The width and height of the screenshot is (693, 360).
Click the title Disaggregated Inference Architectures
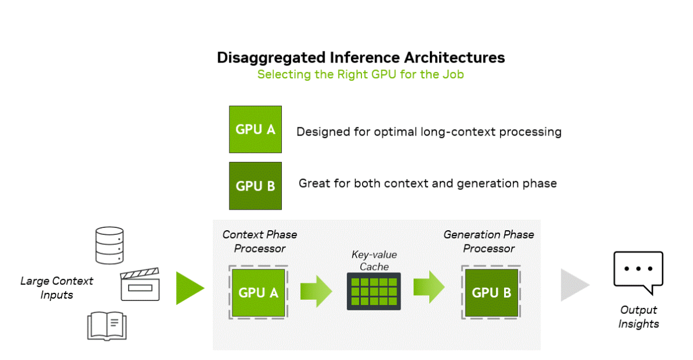(361, 57)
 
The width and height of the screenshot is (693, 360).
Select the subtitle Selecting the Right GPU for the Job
(360, 75)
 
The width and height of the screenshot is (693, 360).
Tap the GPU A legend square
(256, 130)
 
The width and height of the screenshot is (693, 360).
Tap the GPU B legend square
(256, 186)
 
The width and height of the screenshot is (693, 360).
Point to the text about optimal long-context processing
(429, 131)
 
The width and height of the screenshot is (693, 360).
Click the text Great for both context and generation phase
(427, 184)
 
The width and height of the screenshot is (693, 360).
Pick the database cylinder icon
(109, 245)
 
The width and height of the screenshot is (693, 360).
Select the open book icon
(106, 326)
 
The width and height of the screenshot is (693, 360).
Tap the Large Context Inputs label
(57, 288)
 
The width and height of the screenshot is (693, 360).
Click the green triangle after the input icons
(189, 288)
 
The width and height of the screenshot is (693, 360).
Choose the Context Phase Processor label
(260, 241)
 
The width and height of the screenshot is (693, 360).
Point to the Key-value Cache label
(374, 260)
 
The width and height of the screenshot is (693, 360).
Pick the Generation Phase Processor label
(489, 241)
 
